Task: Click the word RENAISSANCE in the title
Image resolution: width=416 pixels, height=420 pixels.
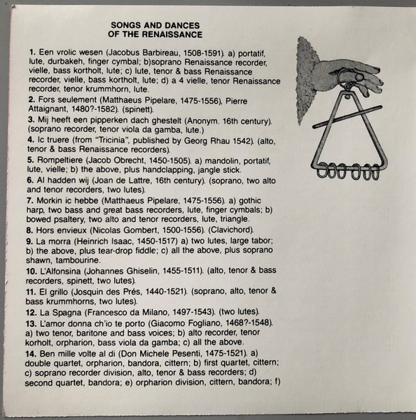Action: click(172, 34)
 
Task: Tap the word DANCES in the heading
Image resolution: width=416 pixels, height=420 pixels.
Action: click(183, 25)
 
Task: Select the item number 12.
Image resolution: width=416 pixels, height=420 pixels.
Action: click(32, 313)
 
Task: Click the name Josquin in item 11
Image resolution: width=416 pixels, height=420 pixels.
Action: click(88, 291)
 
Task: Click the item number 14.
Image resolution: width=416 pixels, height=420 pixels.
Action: click(31, 353)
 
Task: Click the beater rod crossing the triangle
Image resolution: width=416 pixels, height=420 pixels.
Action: click(347, 116)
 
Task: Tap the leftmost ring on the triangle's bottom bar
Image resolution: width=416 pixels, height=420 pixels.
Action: click(321, 170)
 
